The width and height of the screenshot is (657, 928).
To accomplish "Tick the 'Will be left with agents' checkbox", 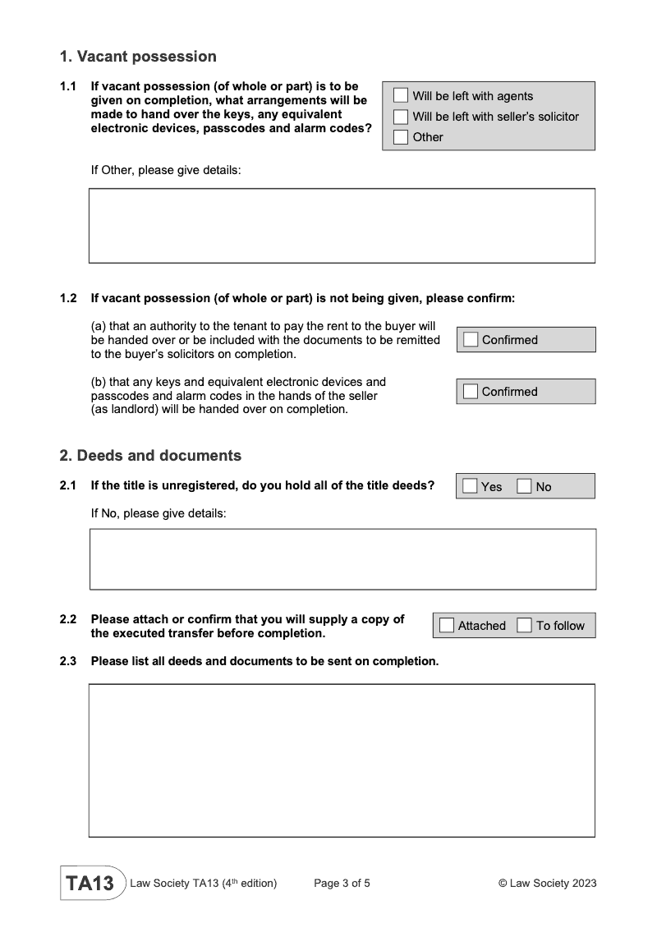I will (401, 96).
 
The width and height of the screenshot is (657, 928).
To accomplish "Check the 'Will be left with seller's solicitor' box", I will (401, 117).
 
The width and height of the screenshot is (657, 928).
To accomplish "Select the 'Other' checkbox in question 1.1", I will (401, 137).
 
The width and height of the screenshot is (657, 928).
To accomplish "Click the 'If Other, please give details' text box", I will (342, 226).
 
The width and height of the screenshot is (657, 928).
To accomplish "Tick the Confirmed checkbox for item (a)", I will (471, 340).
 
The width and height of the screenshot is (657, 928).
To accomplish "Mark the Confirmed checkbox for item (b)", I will (471, 392).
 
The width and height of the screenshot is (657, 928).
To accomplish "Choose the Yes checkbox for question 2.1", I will (470, 486).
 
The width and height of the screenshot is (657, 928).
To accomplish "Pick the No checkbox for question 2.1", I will (525, 486).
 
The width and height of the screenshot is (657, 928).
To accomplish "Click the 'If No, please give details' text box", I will (342, 559).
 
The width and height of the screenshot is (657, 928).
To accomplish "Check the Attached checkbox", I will (447, 626).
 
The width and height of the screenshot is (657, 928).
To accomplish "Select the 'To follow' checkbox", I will (525, 626).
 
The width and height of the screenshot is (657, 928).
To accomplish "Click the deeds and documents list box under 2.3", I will (342, 760).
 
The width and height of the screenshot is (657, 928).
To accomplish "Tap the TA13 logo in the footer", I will (90, 884).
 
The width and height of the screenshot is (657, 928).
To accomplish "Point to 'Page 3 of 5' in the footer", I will (342, 884).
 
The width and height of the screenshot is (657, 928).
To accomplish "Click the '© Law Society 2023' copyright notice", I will (547, 884).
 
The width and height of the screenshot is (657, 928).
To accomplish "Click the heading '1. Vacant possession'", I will (138, 57).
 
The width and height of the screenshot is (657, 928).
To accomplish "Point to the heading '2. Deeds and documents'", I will (150, 455).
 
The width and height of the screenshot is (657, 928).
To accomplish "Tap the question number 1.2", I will (68, 298).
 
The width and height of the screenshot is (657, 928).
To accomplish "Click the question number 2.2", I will (68, 619).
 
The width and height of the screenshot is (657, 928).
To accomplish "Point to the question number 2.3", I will (68, 661).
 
